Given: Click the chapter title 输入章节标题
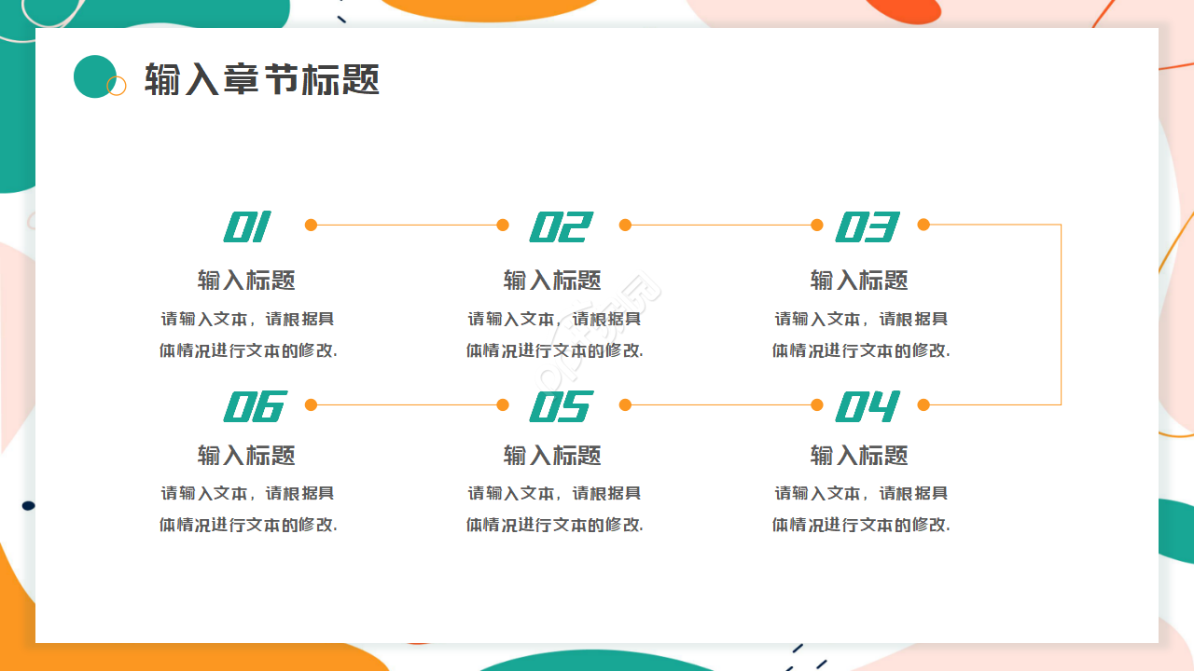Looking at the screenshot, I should pos(262,80).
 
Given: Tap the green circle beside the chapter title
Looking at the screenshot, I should pos(94,76).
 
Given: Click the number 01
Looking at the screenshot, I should pos(247,226).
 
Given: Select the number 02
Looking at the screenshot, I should pos(561,226).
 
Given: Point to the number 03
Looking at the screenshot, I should pos(867,226).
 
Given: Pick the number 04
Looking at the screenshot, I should pos(867,406).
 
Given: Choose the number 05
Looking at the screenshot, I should pos(561,406).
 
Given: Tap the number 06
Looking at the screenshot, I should pos(254,406).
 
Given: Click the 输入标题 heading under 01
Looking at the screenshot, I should pos(246,280).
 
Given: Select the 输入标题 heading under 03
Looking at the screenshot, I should pos(859,280).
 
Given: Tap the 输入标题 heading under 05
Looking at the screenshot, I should pos(552,455).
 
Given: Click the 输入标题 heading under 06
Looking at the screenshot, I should pos(246,455).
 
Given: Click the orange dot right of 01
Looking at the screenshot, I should pos(311,225).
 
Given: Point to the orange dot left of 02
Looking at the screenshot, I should pos(503,225).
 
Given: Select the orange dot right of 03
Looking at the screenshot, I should pos(923,225).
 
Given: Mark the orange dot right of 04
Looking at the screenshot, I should pos(923,404).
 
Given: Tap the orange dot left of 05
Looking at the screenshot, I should pos(503,404).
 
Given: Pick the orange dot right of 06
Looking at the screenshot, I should pos(311,404).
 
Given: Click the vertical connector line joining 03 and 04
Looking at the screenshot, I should pos(1062,315).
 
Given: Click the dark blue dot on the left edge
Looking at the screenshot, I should pos(28,505).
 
